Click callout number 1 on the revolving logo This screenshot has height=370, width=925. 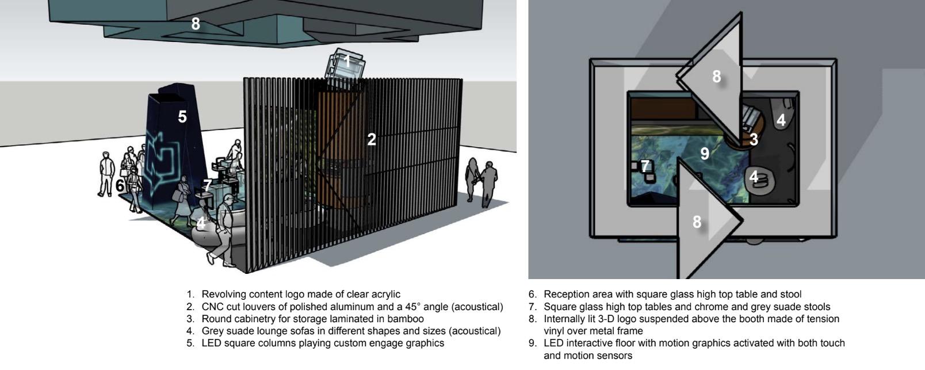click(347, 60)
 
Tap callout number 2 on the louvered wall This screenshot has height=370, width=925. click(372, 139)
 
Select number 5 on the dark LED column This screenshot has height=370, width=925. click(182, 117)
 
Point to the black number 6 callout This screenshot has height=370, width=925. click(120, 186)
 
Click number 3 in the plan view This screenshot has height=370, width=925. click(754, 139)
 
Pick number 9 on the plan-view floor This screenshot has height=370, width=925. click(705, 154)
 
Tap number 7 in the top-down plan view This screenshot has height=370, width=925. click(645, 166)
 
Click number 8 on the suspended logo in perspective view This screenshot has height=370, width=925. click(196, 24)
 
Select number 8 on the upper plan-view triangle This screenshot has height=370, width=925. click(716, 77)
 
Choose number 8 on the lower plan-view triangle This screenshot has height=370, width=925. click(697, 222)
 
